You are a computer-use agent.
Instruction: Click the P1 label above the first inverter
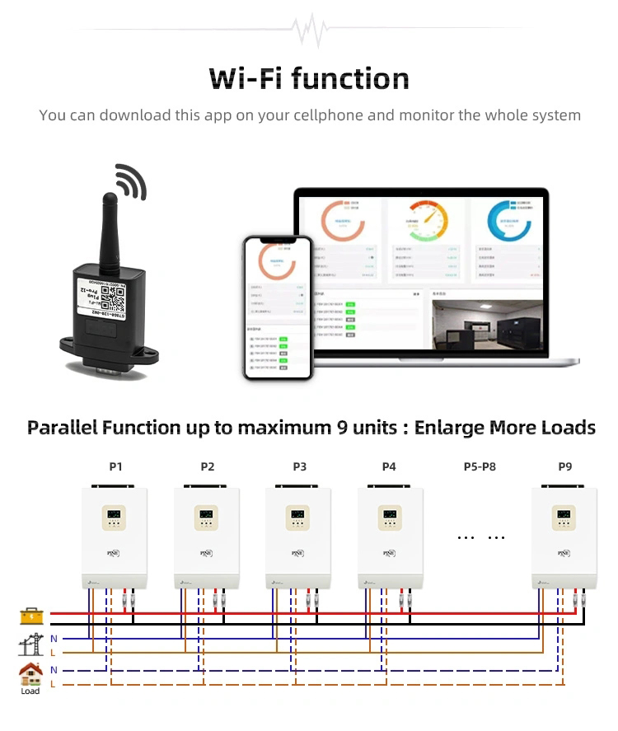tap(115, 466)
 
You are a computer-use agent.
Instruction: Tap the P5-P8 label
tap(480, 466)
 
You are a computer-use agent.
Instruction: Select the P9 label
tap(564, 466)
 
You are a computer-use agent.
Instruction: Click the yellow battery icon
tap(30, 616)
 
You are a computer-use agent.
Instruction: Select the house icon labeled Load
tap(30, 674)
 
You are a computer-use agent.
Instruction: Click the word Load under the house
tap(30, 691)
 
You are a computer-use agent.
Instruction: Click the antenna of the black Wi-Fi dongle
tap(110, 227)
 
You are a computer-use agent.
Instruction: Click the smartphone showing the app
tap(278, 307)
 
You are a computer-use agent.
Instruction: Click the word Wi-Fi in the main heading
tap(246, 78)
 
